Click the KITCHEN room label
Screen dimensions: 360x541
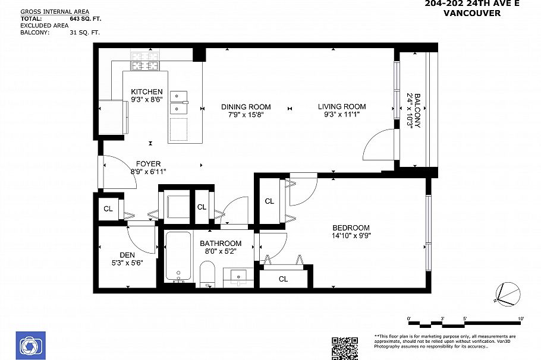click(146, 91)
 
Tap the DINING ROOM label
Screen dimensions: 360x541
click(246, 107)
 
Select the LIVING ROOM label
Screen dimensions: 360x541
click(342, 107)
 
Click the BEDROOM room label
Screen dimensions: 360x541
click(351, 228)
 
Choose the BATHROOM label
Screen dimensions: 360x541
click(221, 244)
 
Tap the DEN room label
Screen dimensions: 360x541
click(127, 254)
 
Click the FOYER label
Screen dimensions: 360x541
click(148, 164)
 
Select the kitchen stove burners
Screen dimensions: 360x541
click(143, 61)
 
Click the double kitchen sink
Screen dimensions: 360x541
click(178, 102)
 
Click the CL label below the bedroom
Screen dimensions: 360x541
click(283, 279)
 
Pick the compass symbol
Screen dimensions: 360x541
click(507, 294)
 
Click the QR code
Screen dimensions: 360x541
click(345, 348)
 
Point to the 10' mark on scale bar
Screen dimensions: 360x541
click(521, 320)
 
